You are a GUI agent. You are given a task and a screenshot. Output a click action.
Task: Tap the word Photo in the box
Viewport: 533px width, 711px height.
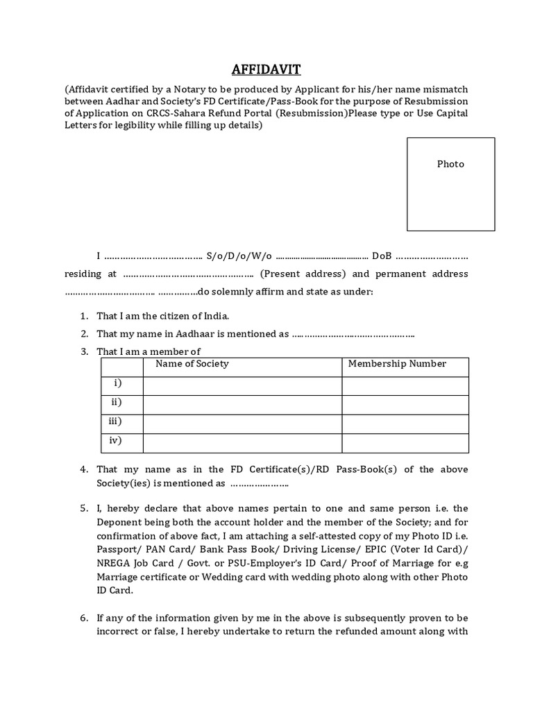coord(450,164)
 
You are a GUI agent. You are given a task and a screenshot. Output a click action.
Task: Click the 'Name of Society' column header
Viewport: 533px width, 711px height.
coord(192,364)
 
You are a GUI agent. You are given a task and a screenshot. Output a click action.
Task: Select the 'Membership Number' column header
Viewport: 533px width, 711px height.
coord(397,364)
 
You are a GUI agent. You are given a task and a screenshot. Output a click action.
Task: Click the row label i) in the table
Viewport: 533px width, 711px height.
coord(117,383)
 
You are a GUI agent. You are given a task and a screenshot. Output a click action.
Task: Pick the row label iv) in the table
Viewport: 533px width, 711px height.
coord(115,440)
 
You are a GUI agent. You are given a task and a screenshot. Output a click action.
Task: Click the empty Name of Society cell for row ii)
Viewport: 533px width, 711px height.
coord(242,403)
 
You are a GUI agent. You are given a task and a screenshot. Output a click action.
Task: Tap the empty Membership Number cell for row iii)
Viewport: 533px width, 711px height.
coord(405,421)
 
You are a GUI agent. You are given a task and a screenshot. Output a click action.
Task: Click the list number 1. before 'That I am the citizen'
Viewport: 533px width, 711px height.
coord(84,315)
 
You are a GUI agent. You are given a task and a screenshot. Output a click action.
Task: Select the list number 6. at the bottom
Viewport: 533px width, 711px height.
coord(84,617)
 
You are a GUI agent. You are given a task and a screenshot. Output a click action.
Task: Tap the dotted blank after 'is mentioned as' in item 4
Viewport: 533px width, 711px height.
coord(260,483)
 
